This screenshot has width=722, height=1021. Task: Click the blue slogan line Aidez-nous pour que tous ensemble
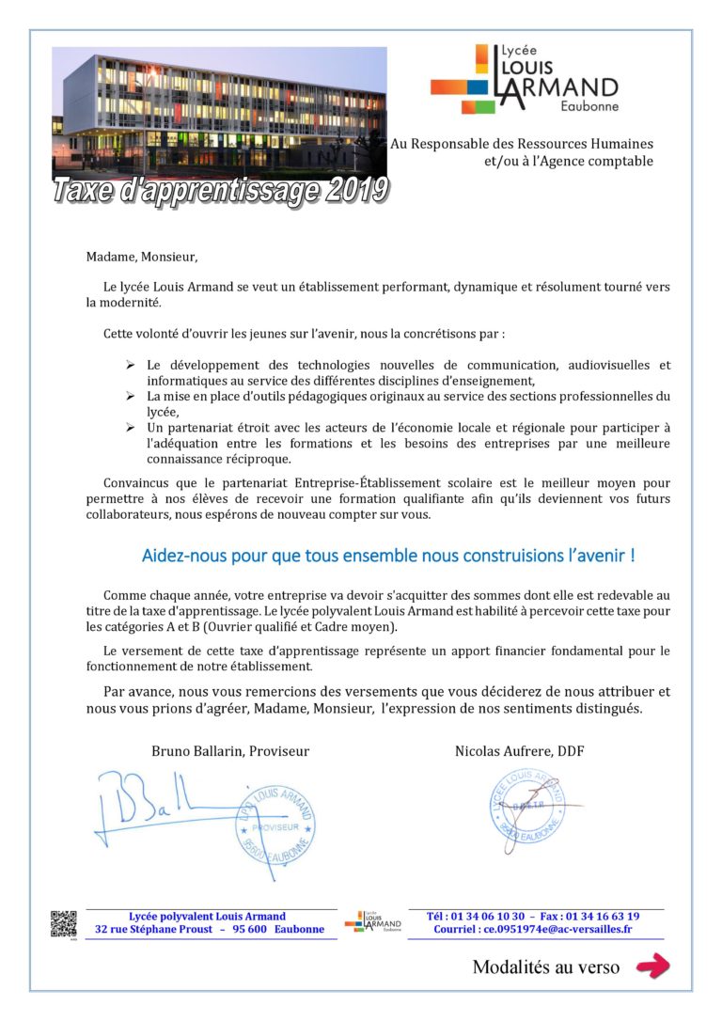click(387, 556)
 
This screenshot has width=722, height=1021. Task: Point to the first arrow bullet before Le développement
click(131, 365)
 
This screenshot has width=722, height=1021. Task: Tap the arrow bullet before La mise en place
click(131, 397)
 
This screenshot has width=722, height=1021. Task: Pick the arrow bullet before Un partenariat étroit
click(131, 429)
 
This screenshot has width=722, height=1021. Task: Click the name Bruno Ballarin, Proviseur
click(230, 751)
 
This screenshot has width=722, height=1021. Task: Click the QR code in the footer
click(63, 923)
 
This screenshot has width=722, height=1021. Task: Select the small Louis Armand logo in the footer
click(373, 923)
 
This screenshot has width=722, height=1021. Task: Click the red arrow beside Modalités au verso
click(652, 966)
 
